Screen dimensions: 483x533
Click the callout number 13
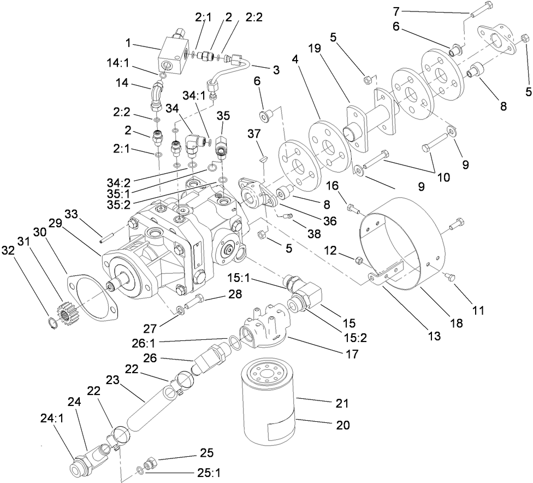(434, 335)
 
